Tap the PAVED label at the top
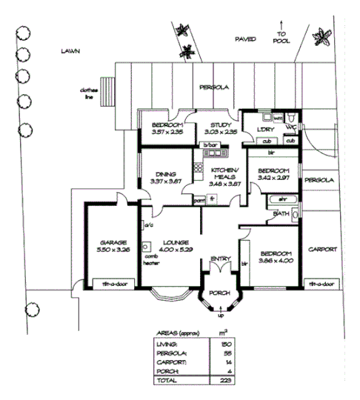[245, 38]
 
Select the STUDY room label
[221, 125]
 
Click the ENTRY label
[220, 258]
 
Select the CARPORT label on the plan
[322, 249]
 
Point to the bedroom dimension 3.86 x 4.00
[274, 261]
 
